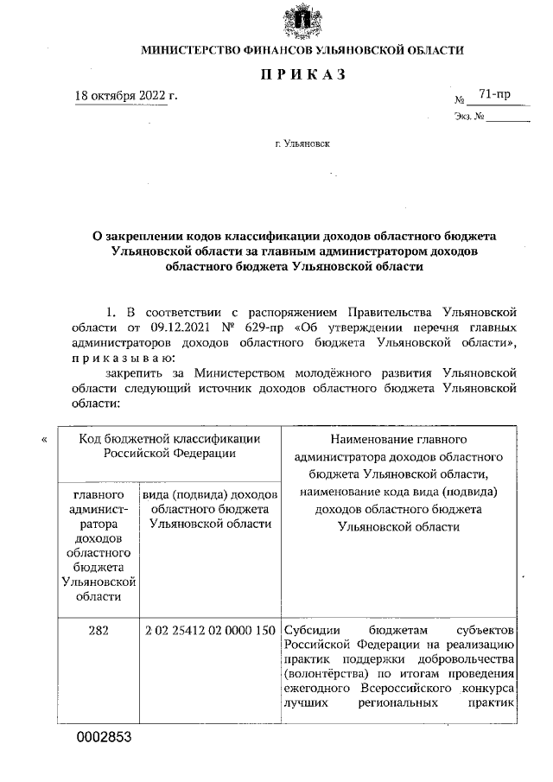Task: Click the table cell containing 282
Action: click(x=98, y=631)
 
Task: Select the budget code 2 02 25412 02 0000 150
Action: click(x=211, y=631)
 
